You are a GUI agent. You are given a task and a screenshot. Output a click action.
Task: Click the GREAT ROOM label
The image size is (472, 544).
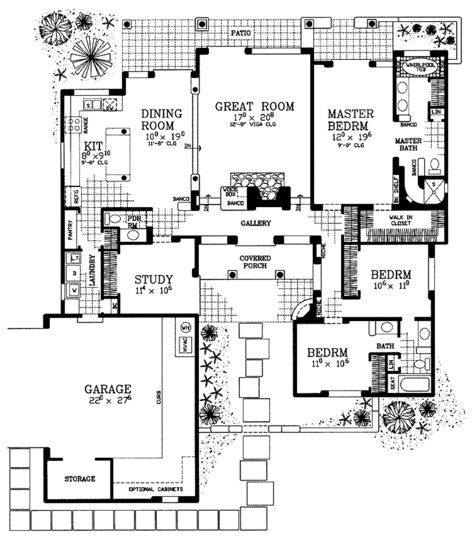[254, 106]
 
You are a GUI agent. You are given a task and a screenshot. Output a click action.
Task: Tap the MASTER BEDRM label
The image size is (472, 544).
[350, 119]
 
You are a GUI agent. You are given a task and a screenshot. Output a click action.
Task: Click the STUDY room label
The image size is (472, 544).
[153, 280]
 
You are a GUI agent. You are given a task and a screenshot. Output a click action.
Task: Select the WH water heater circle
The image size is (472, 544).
[186, 328]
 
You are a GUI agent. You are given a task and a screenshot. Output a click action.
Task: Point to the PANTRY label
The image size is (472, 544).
[71, 229]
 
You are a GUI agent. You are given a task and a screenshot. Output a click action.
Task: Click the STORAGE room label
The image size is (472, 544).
[80, 479]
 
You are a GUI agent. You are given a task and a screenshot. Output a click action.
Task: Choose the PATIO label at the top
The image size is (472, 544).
[242, 34]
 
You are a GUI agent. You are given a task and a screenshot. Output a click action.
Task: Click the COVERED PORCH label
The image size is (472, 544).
[255, 262]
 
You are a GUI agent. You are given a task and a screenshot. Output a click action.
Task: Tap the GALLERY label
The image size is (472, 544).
[256, 224]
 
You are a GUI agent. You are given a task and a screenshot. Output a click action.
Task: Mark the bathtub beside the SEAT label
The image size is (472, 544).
[416, 385]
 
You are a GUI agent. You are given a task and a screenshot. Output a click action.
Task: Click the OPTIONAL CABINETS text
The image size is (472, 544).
[156, 489]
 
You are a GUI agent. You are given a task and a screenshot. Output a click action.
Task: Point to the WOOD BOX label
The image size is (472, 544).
[229, 192]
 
